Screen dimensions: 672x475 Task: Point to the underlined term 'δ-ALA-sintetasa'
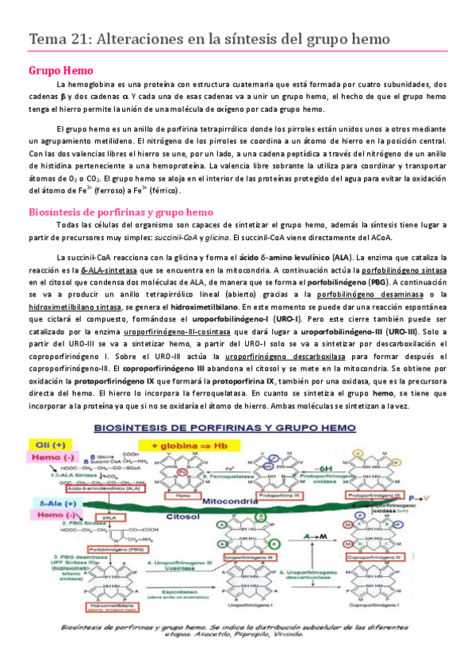(x=99, y=270)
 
